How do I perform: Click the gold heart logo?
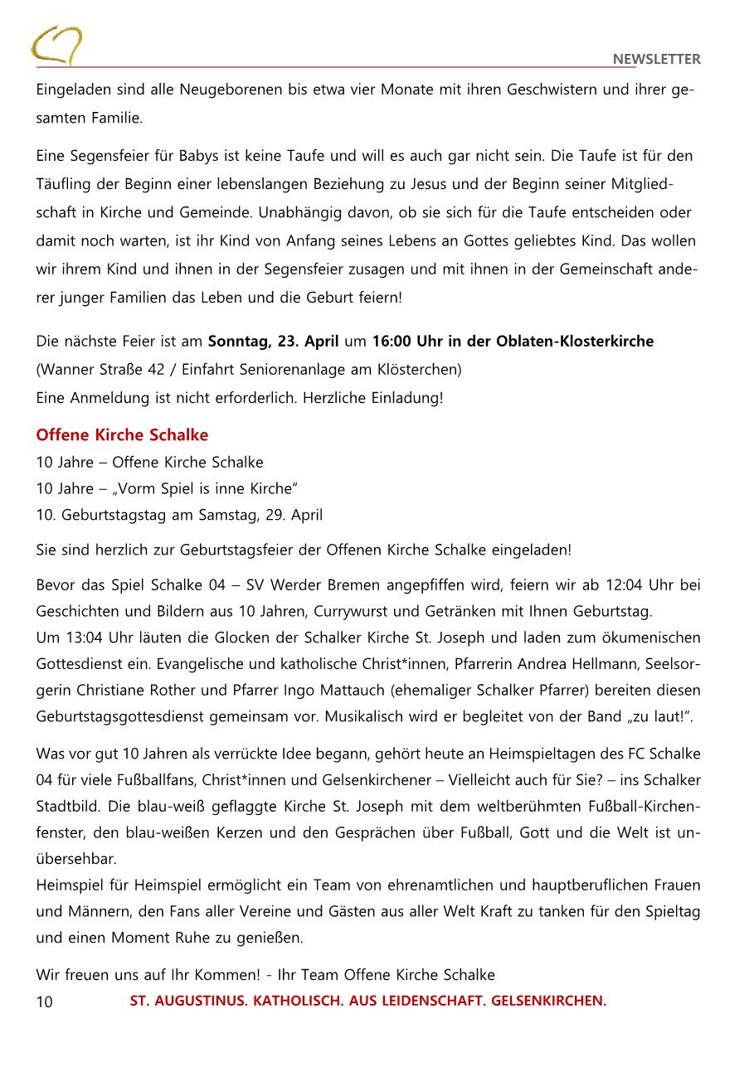coord(56,45)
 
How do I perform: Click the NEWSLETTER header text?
coord(656,59)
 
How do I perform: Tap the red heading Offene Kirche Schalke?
coord(122,435)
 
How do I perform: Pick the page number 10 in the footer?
coord(45,1002)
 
